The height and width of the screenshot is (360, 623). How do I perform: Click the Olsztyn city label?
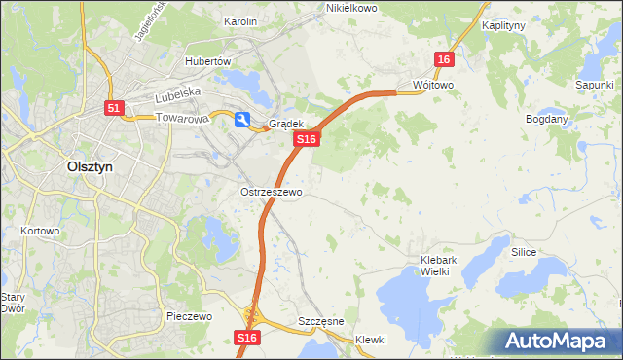pyautogui.click(x=91, y=166)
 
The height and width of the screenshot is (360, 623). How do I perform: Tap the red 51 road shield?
pyautogui.click(x=115, y=109)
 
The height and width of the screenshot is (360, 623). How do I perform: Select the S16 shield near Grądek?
pyautogui.click(x=307, y=140)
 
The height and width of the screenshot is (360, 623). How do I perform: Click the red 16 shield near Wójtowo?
pyautogui.click(x=444, y=60)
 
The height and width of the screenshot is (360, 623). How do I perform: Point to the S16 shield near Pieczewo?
pyautogui.click(x=247, y=337)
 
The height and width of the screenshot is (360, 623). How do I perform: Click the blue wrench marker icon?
pyautogui.click(x=241, y=119)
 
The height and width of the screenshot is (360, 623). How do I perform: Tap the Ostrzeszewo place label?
pyautogui.click(x=271, y=193)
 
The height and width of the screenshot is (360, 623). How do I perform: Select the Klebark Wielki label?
pyautogui.click(x=448, y=266)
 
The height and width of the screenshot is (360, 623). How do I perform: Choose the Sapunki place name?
pyautogui.click(x=594, y=86)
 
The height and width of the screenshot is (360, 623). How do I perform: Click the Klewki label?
pyautogui.click(x=371, y=340)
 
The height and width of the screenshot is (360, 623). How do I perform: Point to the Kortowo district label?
pyautogui.click(x=40, y=232)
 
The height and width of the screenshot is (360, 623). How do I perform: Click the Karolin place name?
pyautogui.click(x=240, y=21)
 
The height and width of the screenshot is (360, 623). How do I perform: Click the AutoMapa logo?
pyautogui.click(x=559, y=341)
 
